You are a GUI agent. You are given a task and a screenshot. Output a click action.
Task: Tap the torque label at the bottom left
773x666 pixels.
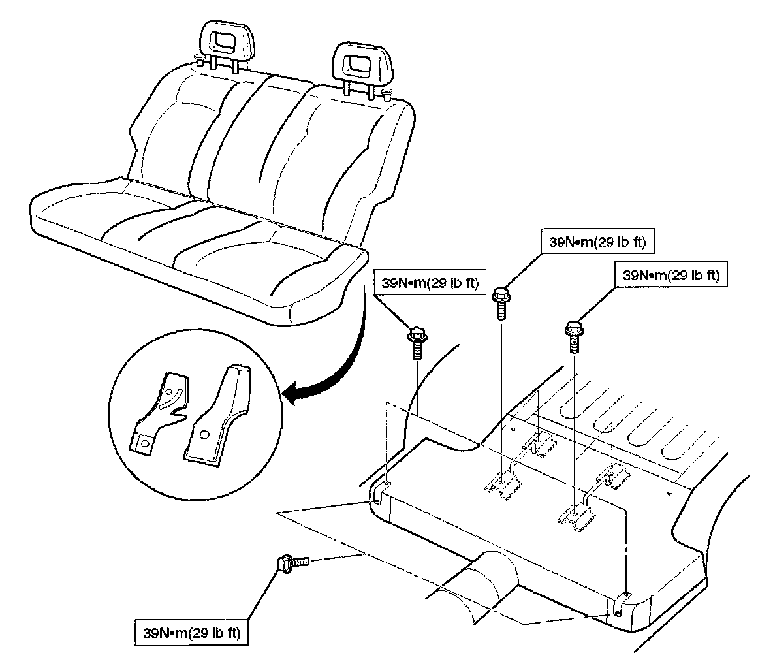191,633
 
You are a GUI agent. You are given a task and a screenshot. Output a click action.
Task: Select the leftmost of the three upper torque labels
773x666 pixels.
426,283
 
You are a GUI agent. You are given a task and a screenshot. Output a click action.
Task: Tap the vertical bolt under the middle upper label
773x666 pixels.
501,303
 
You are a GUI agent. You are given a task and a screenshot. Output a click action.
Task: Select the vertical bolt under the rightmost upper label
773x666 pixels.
573,334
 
